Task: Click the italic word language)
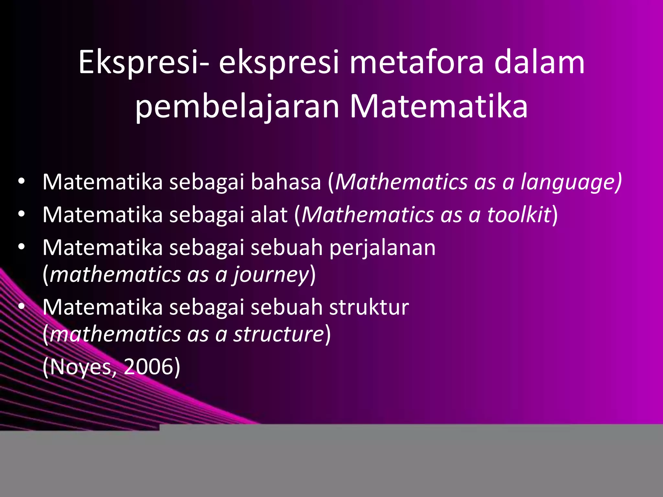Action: coord(571,182)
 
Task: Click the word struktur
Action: coord(369,307)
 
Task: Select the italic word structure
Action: coord(279,334)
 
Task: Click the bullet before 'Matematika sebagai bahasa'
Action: coord(21,181)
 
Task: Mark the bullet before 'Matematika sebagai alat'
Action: coord(21,214)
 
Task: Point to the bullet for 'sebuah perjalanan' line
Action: coord(21,247)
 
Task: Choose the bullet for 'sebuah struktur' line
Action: coord(21,306)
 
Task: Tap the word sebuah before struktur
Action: coord(287,307)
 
